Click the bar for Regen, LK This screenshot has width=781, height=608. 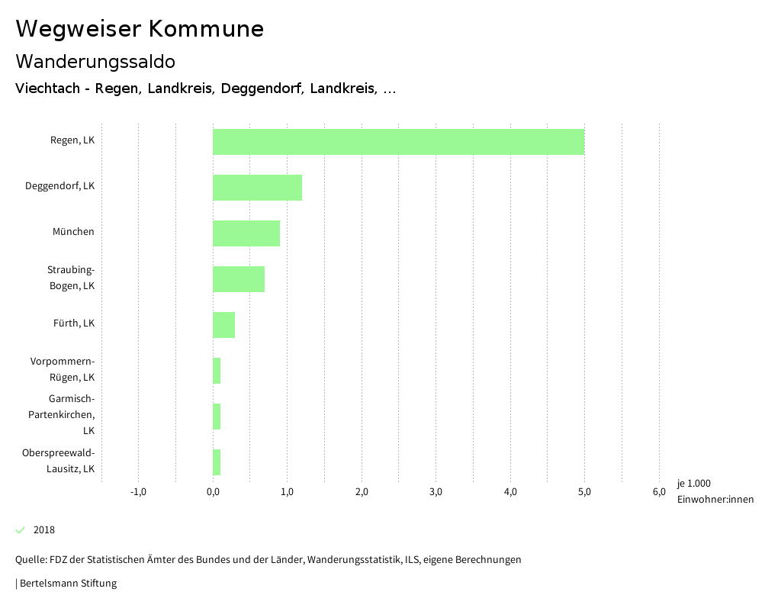[x=398, y=142]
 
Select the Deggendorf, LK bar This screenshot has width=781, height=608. [x=257, y=188]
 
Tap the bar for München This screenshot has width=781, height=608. [x=246, y=233]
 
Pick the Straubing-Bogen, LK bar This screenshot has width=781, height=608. [x=239, y=279]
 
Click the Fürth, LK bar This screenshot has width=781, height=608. [x=223, y=325]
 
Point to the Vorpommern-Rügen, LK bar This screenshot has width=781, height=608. [x=217, y=371]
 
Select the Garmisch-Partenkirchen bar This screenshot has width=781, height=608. [x=217, y=417]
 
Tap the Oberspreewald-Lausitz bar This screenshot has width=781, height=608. [x=217, y=462]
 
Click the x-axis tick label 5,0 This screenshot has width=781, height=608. [x=584, y=491]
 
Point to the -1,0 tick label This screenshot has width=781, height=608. [x=138, y=491]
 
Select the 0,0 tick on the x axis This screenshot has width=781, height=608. [x=213, y=491]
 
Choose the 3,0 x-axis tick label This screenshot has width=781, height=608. [x=435, y=491]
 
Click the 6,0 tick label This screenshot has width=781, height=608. [x=658, y=491]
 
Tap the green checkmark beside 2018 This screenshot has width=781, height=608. [x=21, y=529]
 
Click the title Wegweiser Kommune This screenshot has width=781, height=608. [x=140, y=29]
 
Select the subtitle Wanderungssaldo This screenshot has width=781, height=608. [x=95, y=61]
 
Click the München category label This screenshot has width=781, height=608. [x=73, y=232]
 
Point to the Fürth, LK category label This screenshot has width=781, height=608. [x=74, y=323]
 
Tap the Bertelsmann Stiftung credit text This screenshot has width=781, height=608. [x=67, y=584]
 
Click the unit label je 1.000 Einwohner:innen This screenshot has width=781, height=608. [x=715, y=491]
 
